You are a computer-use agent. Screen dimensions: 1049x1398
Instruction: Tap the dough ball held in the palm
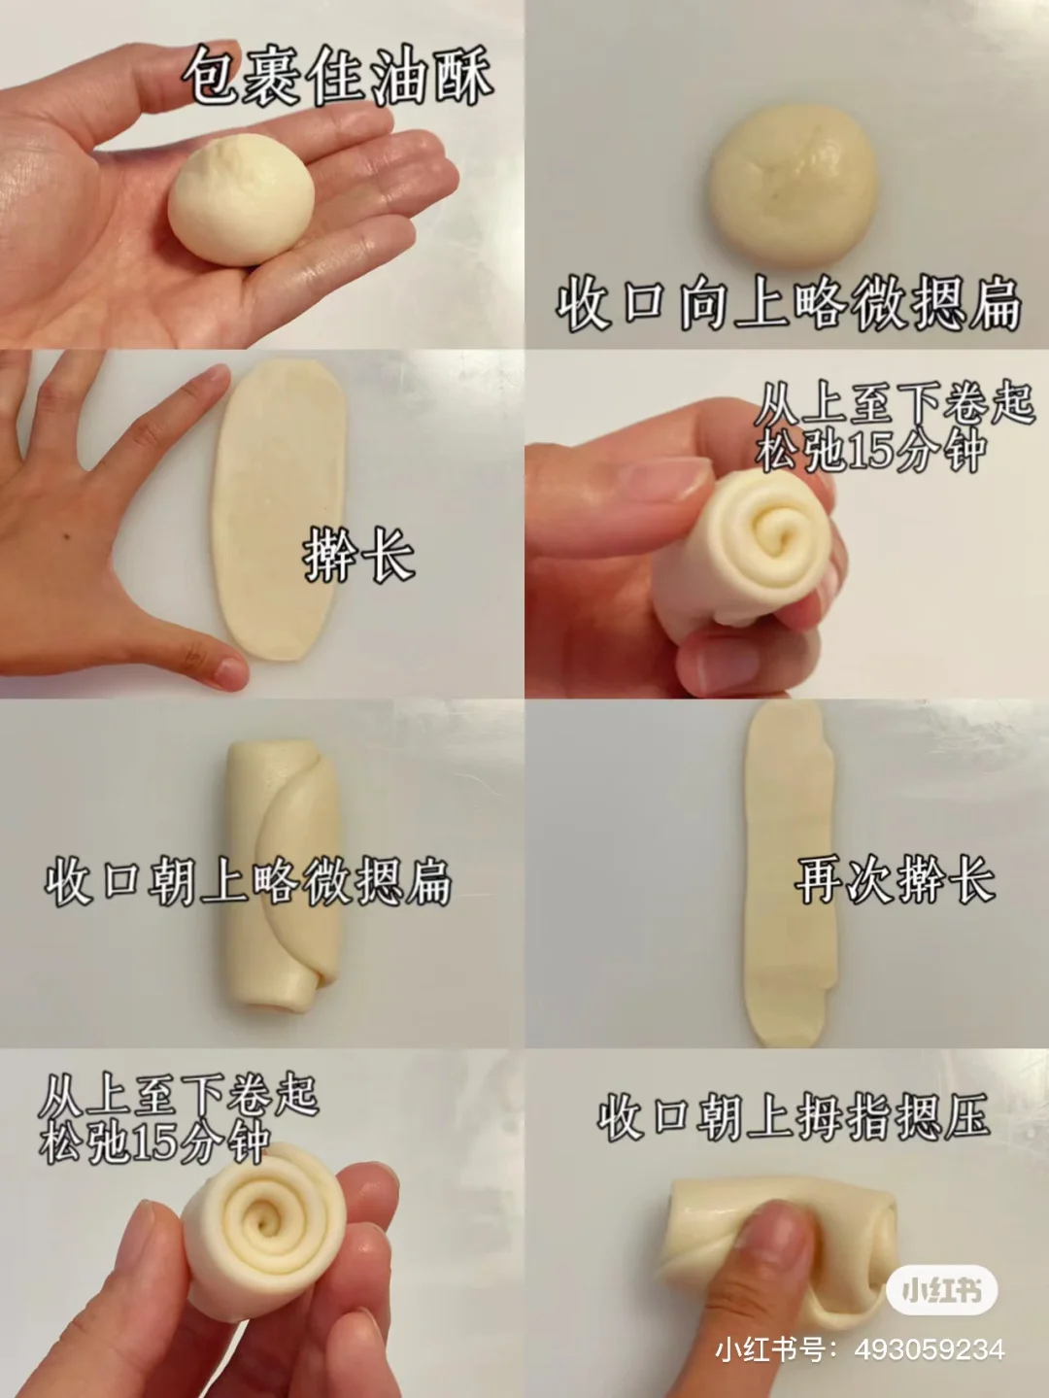pyautogui.click(x=241, y=200)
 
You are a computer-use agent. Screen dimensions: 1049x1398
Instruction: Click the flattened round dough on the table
pyautogui.click(x=794, y=185)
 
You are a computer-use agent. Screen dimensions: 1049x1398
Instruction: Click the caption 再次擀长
pyautogui.click(x=895, y=879)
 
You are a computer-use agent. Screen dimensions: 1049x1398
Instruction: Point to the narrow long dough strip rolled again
pyautogui.click(x=789, y=873)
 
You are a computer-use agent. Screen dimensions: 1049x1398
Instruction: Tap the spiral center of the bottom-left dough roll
pyautogui.click(x=261, y=1224)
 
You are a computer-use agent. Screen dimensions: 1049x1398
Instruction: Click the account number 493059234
pyautogui.click(x=930, y=1348)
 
